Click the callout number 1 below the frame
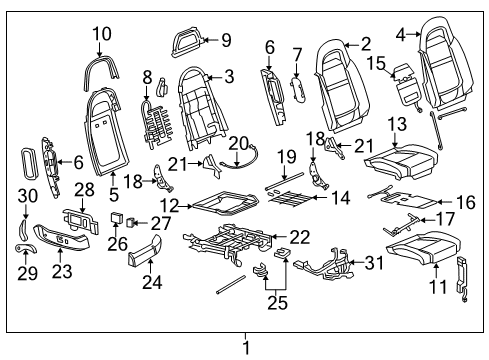[x=244, y=349]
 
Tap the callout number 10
[x=101, y=33]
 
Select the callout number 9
[x=225, y=41]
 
